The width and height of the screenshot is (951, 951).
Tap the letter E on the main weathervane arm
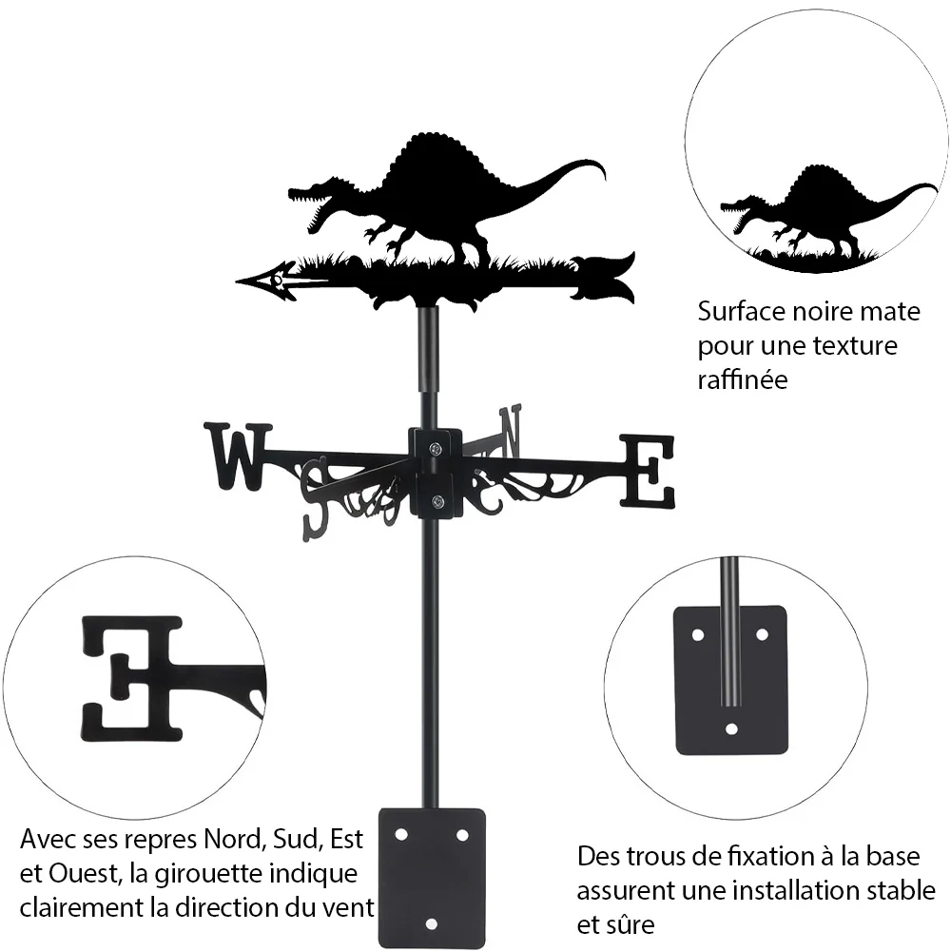coord(647,471)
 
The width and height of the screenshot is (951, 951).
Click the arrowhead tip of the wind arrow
coord(237,281)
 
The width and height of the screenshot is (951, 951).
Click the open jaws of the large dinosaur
coord(311,205)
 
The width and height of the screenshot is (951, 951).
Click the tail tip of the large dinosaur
coord(604,178)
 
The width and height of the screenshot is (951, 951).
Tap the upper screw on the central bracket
coord(436,449)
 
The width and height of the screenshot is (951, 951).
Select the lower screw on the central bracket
coord(436,501)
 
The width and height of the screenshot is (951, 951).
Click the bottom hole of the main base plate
coord(431,924)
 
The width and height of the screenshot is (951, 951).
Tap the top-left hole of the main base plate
coord(401,835)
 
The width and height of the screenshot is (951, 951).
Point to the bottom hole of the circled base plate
coord(731,728)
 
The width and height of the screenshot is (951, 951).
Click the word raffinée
coord(743,380)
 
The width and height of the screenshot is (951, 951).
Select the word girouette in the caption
coord(210,874)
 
